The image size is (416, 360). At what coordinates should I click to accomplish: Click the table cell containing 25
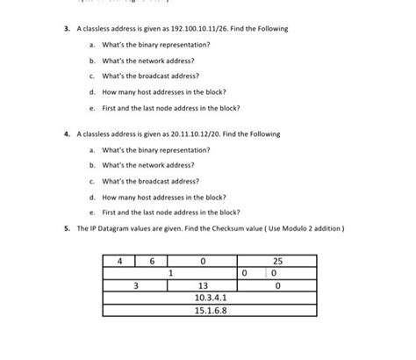pos(278,261)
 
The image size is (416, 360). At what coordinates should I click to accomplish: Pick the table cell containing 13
pos(203,285)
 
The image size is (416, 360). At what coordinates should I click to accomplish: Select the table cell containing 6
pos(152,261)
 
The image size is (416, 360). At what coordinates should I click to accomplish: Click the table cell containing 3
pos(135,285)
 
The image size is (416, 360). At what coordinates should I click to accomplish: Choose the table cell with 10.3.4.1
pos(204,298)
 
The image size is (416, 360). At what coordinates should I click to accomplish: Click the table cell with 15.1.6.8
pos(204,310)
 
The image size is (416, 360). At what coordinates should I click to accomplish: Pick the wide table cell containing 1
pos(169,273)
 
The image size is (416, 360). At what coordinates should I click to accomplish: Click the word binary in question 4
pos(143,150)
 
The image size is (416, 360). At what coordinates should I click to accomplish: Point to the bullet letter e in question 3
pos(91,108)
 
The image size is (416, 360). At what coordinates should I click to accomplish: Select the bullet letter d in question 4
pos(91,197)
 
